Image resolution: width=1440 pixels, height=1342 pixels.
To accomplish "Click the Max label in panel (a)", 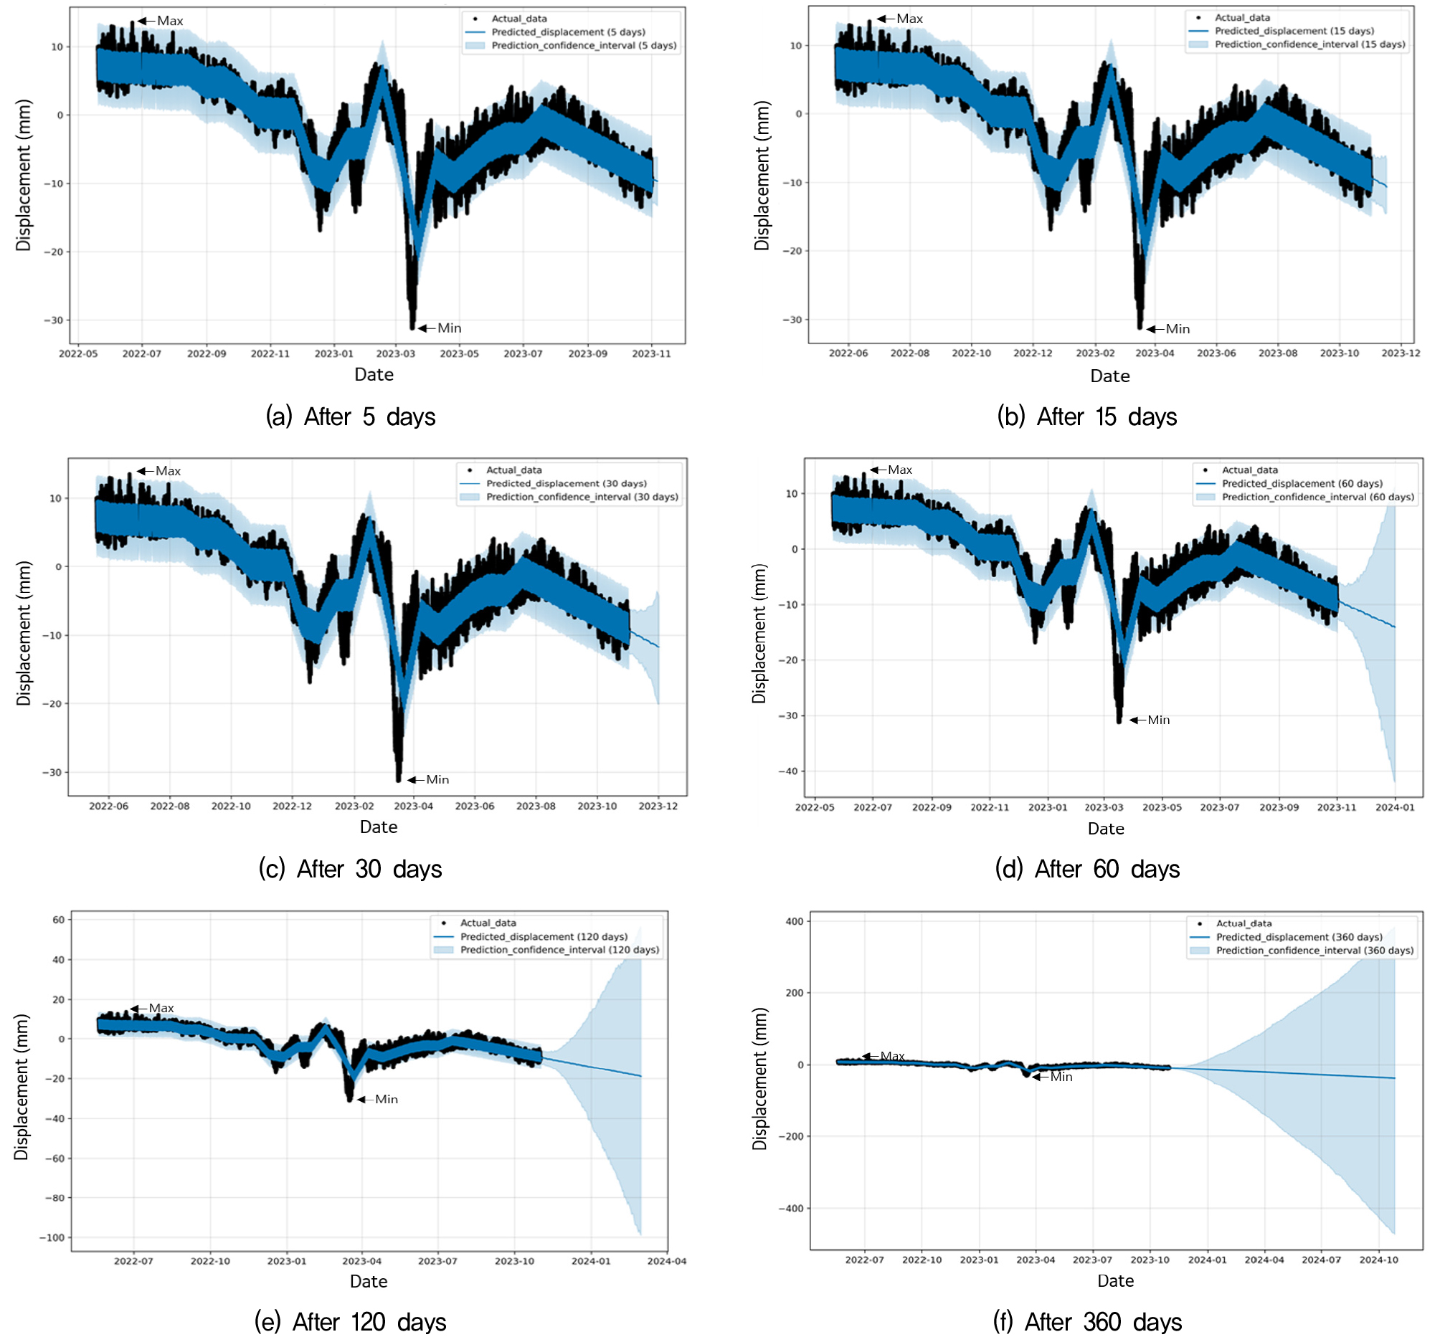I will click(170, 21).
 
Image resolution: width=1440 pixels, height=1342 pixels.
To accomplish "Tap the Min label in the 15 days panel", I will click(1178, 330).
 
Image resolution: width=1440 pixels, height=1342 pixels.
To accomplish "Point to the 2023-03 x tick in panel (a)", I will click(395, 354).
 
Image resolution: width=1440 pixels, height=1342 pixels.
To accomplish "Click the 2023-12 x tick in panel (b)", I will click(1401, 353).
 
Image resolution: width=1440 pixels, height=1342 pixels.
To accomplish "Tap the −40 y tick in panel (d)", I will click(788, 772).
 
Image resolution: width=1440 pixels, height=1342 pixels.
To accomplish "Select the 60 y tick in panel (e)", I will click(59, 920).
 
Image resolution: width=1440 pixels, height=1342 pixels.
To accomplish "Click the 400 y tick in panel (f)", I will click(795, 922).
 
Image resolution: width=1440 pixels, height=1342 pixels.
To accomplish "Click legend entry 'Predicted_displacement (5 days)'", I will click(568, 32).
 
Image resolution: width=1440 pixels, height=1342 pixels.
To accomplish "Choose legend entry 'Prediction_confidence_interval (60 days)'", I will click(1317, 498).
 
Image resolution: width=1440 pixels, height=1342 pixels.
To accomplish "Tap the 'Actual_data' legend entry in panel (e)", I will click(488, 923).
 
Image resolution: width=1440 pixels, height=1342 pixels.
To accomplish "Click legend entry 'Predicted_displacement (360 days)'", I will click(1299, 938).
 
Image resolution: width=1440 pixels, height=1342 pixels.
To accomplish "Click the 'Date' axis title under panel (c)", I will click(379, 828).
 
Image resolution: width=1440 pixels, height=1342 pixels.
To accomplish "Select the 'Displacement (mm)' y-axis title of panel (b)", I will click(762, 176).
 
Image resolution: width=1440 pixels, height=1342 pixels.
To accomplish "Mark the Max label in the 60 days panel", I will click(901, 471).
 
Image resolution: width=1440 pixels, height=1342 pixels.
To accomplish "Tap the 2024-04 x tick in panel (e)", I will click(667, 1262).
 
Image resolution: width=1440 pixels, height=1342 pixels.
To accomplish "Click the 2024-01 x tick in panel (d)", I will click(1395, 808).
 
